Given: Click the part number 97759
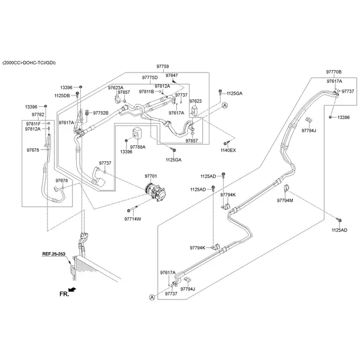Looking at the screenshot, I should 162,67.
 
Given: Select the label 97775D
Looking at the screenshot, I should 149,78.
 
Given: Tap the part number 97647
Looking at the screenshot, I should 172,76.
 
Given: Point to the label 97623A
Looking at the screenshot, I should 116,88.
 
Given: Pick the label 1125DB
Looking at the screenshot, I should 62,95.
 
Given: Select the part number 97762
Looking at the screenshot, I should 38,114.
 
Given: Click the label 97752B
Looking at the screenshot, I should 100,112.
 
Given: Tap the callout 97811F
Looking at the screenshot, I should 32,123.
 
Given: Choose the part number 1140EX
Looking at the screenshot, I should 228,150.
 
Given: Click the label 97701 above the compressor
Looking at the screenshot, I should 151,176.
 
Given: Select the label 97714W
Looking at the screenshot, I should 133,219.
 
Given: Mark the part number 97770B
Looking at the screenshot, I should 334,71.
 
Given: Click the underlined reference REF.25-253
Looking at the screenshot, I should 54,254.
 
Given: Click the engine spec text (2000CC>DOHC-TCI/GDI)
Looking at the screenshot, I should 32,62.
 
